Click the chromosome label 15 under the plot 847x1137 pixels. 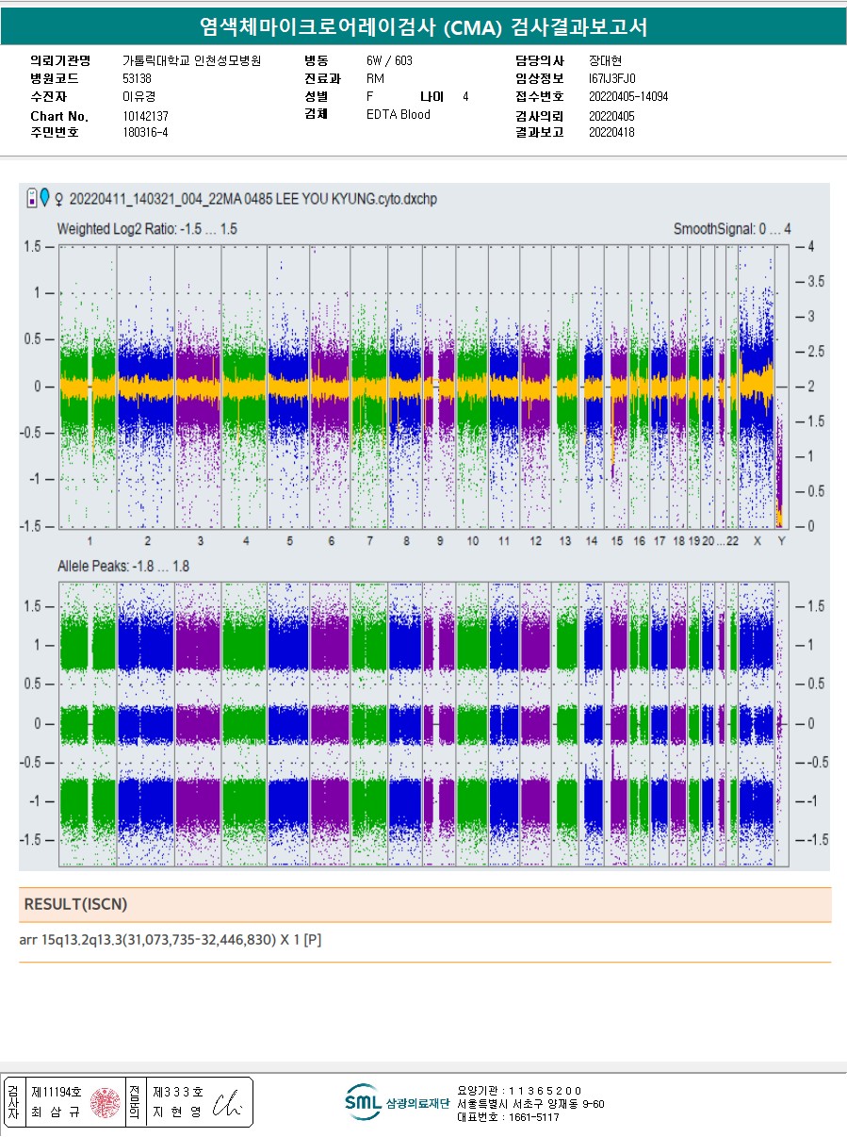[x=617, y=541]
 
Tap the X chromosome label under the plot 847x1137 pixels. [x=757, y=541]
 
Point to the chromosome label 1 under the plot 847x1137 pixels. [x=90, y=541]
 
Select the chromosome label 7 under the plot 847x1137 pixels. [x=370, y=541]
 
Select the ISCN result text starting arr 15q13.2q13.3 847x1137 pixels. [x=171, y=940]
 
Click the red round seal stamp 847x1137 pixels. [x=106, y=1102]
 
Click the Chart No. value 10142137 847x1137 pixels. [x=145, y=116]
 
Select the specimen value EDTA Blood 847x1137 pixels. [x=398, y=115]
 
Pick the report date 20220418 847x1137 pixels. [x=611, y=132]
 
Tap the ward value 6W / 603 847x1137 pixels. [x=389, y=60]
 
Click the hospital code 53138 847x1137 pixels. [x=137, y=79]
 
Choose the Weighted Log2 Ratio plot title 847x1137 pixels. [x=147, y=229]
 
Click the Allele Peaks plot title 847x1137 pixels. [x=123, y=567]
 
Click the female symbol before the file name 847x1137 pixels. [x=60, y=200]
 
